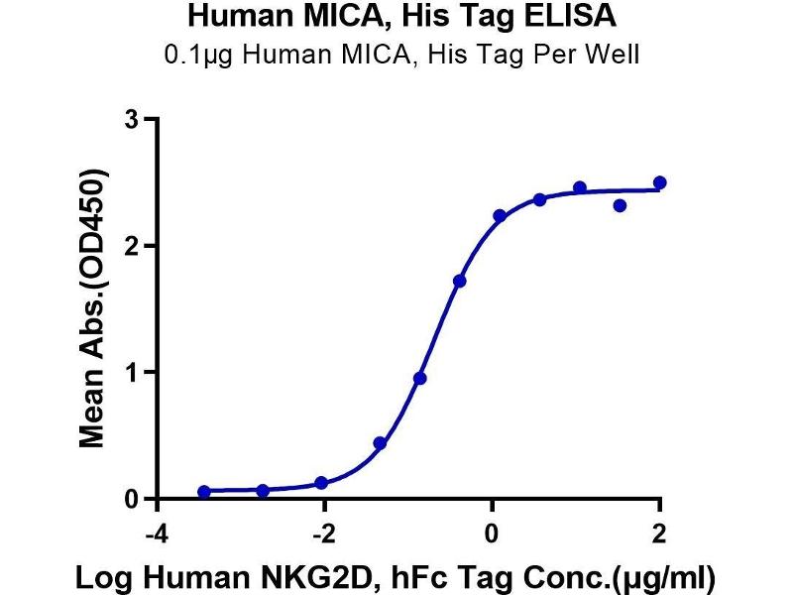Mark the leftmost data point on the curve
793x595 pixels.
(x=204, y=492)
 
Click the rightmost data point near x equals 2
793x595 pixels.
(x=660, y=182)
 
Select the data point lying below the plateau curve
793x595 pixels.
(x=620, y=205)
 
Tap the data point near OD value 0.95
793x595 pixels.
(x=420, y=378)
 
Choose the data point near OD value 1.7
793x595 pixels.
(x=459, y=282)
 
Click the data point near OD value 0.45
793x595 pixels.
(x=380, y=443)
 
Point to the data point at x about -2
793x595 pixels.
(x=321, y=483)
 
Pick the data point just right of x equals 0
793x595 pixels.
(x=500, y=215)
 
